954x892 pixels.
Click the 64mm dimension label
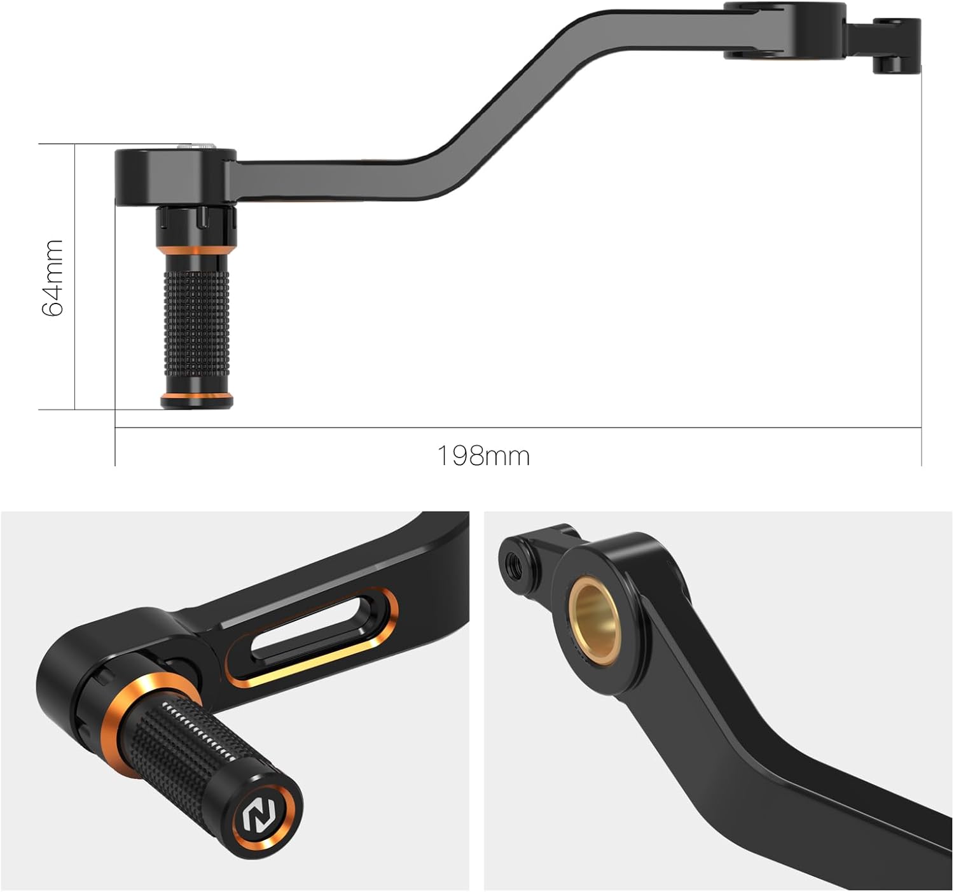52,278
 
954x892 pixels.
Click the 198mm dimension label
483,456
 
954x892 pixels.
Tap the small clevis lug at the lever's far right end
897,45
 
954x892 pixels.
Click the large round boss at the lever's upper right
785,32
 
